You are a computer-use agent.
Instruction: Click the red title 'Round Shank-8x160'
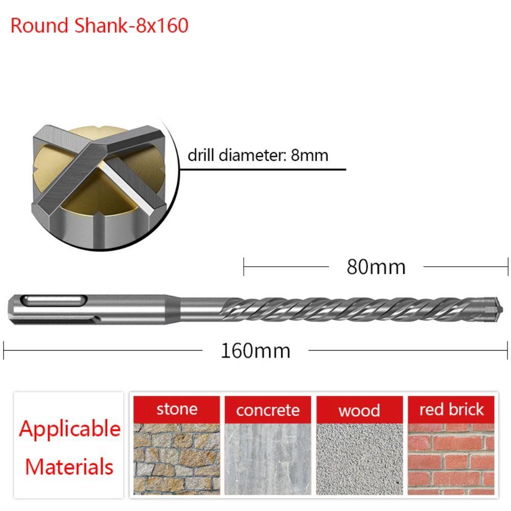pos(100,26)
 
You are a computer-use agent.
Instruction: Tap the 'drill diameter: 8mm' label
pos(258,155)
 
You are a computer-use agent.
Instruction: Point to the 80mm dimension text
pos(376,267)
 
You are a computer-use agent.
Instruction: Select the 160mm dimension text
pos(255,351)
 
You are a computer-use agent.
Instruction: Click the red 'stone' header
pos(177,409)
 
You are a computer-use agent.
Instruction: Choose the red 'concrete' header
pos(268,410)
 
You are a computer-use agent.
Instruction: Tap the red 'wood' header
pos(359,410)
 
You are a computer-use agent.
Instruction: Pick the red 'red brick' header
pos(451,409)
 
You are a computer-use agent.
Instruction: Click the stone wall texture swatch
pos(177,459)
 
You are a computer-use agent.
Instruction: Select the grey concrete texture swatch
pos(268,459)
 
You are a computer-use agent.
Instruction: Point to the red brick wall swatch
pos(451,459)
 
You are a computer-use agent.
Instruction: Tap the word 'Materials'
pos(69,467)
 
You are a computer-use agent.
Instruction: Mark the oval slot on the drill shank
pos(54,300)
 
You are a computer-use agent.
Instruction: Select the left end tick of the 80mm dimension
pos(244,267)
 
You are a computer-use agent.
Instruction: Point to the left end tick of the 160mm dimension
pos(4,351)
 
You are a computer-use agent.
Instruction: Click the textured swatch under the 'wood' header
pos(359,459)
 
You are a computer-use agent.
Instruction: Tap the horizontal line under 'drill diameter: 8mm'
pos(263,170)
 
